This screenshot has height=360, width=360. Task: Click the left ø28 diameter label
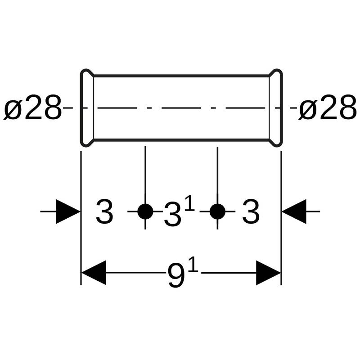32,109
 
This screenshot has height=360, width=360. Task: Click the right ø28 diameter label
327,109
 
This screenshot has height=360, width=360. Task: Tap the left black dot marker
145,211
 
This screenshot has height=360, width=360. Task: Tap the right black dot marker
217,211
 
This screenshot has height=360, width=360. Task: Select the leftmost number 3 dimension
104,212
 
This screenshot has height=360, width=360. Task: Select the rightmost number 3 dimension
251,212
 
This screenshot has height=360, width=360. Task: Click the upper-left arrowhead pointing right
67,211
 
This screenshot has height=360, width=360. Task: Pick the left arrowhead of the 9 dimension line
93,273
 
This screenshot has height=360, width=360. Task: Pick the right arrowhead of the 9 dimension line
269,273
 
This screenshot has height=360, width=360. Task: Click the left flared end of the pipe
87,108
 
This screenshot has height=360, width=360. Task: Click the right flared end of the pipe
275,108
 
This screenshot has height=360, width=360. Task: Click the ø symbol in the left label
13,110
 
